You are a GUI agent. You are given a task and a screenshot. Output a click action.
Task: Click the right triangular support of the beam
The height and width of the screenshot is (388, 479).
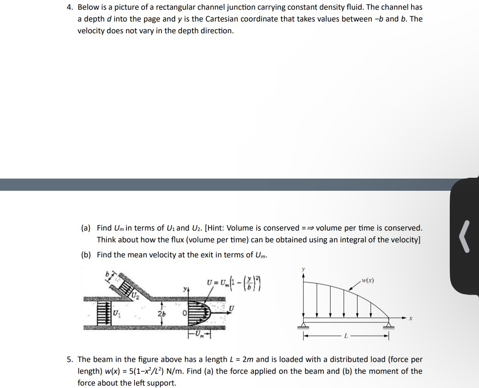pos(389,323)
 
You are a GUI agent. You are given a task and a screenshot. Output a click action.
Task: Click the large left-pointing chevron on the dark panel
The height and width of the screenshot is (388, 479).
pos(466,236)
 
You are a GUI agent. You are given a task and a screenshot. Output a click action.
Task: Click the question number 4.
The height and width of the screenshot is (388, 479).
pos(70,7)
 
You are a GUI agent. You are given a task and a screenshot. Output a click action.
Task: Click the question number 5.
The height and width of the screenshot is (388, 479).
pos(70,360)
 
